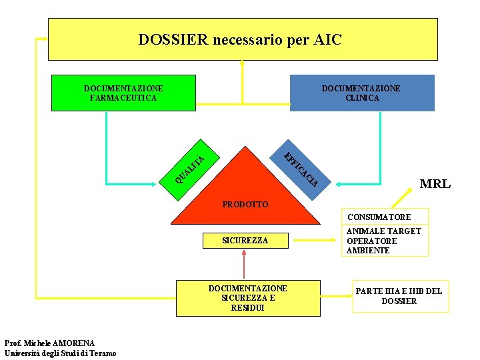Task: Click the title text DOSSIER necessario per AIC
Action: [x=240, y=40]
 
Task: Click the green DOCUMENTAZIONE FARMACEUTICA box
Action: [x=123, y=93]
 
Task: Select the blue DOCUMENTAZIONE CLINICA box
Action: [x=361, y=93]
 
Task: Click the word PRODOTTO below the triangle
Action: [x=245, y=204]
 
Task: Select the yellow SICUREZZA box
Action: [x=245, y=240]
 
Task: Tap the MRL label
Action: [x=434, y=184]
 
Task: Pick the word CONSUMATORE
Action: [x=379, y=217]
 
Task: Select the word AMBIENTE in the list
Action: [x=368, y=251]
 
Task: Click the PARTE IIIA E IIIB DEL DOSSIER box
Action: [x=399, y=296]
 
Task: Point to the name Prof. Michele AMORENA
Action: [x=49, y=343]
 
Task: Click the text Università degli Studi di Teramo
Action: [x=60, y=353]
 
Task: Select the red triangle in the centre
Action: [x=245, y=187]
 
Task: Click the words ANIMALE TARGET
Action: [x=383, y=231]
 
